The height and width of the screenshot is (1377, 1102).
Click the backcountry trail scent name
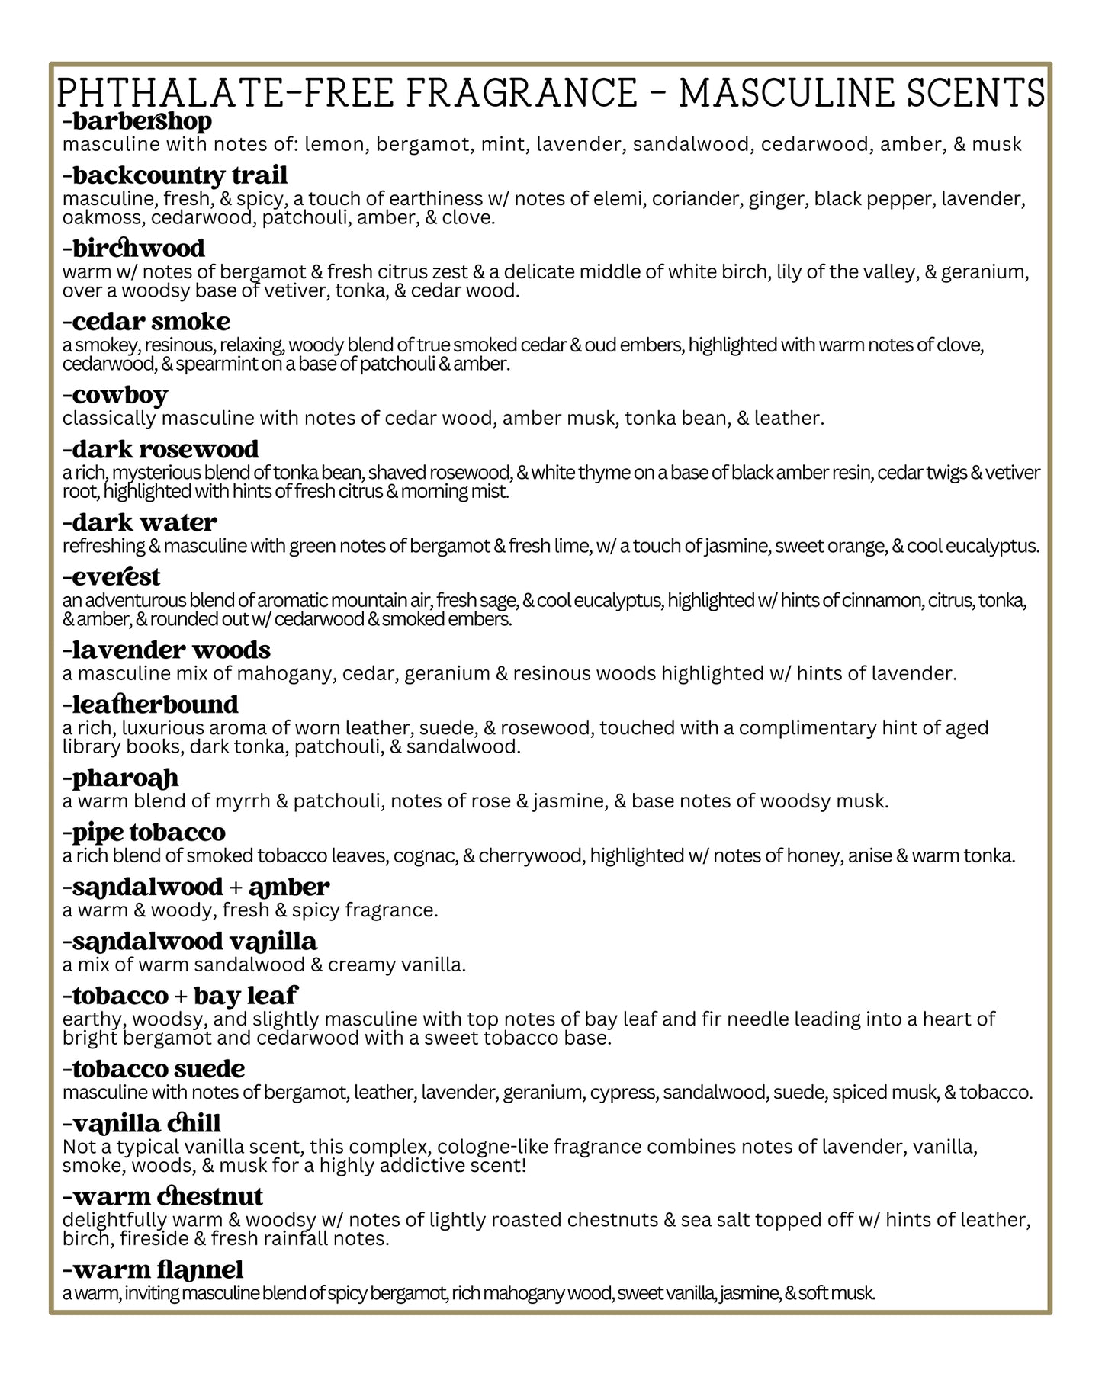(175, 175)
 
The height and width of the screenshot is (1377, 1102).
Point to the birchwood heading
(134, 249)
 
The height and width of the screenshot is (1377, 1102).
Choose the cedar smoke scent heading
(146, 322)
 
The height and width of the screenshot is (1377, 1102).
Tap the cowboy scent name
(115, 395)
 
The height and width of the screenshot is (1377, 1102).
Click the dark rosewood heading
(161, 449)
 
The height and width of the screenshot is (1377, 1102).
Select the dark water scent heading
(140, 523)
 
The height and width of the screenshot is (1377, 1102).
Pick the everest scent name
(112, 576)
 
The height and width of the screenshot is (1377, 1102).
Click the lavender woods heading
(167, 650)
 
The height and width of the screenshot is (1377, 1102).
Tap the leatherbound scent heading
(151, 705)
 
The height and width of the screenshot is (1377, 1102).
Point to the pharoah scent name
(121, 778)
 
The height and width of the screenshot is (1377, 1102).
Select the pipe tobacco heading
(144, 832)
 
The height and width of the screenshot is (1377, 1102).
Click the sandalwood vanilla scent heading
(190, 942)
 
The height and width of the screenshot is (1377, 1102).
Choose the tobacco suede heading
(154, 1069)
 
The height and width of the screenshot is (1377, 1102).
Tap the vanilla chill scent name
(142, 1123)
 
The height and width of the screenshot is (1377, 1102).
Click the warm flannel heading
(153, 1269)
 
